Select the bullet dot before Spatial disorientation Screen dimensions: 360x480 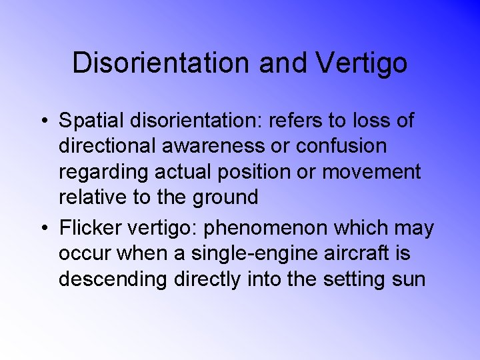point(43,121)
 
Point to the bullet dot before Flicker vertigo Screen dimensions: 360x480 point(43,229)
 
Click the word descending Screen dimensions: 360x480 point(113,279)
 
